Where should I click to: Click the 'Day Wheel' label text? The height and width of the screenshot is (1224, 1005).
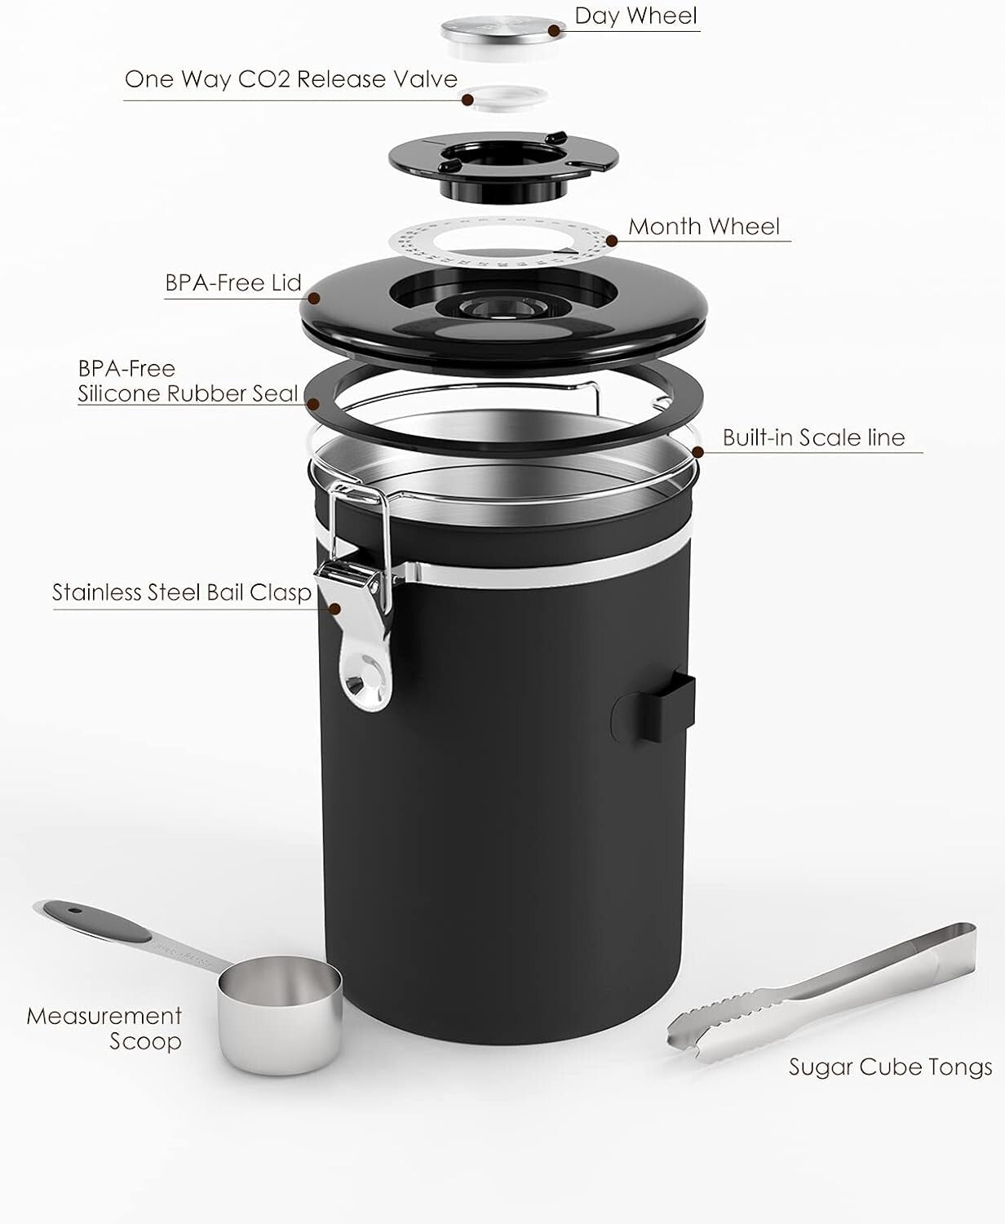coord(635,16)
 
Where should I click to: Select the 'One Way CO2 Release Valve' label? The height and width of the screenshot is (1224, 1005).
coord(290,79)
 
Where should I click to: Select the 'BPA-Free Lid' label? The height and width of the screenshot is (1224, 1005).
coord(233,283)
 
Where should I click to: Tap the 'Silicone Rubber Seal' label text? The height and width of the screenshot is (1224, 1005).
coord(188,393)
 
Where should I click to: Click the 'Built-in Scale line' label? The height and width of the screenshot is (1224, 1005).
coord(813,437)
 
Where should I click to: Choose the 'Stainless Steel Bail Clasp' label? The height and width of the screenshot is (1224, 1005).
coord(182,592)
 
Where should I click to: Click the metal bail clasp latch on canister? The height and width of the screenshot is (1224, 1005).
coord(356,588)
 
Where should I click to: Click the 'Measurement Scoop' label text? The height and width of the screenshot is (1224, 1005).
coord(104,1028)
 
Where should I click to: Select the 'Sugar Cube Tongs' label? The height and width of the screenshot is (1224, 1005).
coord(890,1067)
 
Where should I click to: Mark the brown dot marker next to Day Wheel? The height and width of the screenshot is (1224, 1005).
coord(555,31)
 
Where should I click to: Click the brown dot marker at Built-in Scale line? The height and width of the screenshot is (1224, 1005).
coord(697,450)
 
